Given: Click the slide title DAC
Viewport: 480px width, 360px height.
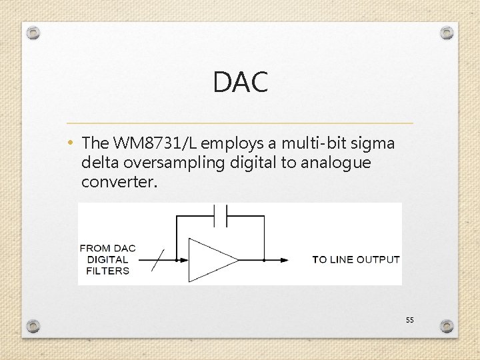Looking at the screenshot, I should point(240,83).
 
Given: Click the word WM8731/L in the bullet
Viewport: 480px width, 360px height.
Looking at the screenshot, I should point(155,143).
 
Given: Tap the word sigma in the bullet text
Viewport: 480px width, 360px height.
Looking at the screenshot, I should point(375,143).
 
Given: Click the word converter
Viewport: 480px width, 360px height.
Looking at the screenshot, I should point(119,182).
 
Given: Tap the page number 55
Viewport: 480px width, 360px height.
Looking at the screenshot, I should point(409,321).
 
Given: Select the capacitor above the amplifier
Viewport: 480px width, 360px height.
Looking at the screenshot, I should point(221,216).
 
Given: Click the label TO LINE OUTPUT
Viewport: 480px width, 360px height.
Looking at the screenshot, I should point(356,260).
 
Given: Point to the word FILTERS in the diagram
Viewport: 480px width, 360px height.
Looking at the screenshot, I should point(107,271).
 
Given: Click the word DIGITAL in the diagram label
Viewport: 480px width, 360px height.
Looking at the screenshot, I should point(107,259).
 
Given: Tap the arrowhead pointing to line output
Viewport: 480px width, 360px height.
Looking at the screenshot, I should point(285,260).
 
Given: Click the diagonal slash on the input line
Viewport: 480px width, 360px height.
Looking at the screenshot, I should point(158,260).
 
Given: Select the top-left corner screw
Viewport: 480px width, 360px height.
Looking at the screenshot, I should point(34,32).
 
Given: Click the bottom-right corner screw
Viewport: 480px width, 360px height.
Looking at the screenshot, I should point(447,325).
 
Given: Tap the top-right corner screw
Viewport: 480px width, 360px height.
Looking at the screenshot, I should point(447,32).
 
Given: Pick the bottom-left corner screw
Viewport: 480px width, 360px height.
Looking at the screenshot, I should point(34,325).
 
